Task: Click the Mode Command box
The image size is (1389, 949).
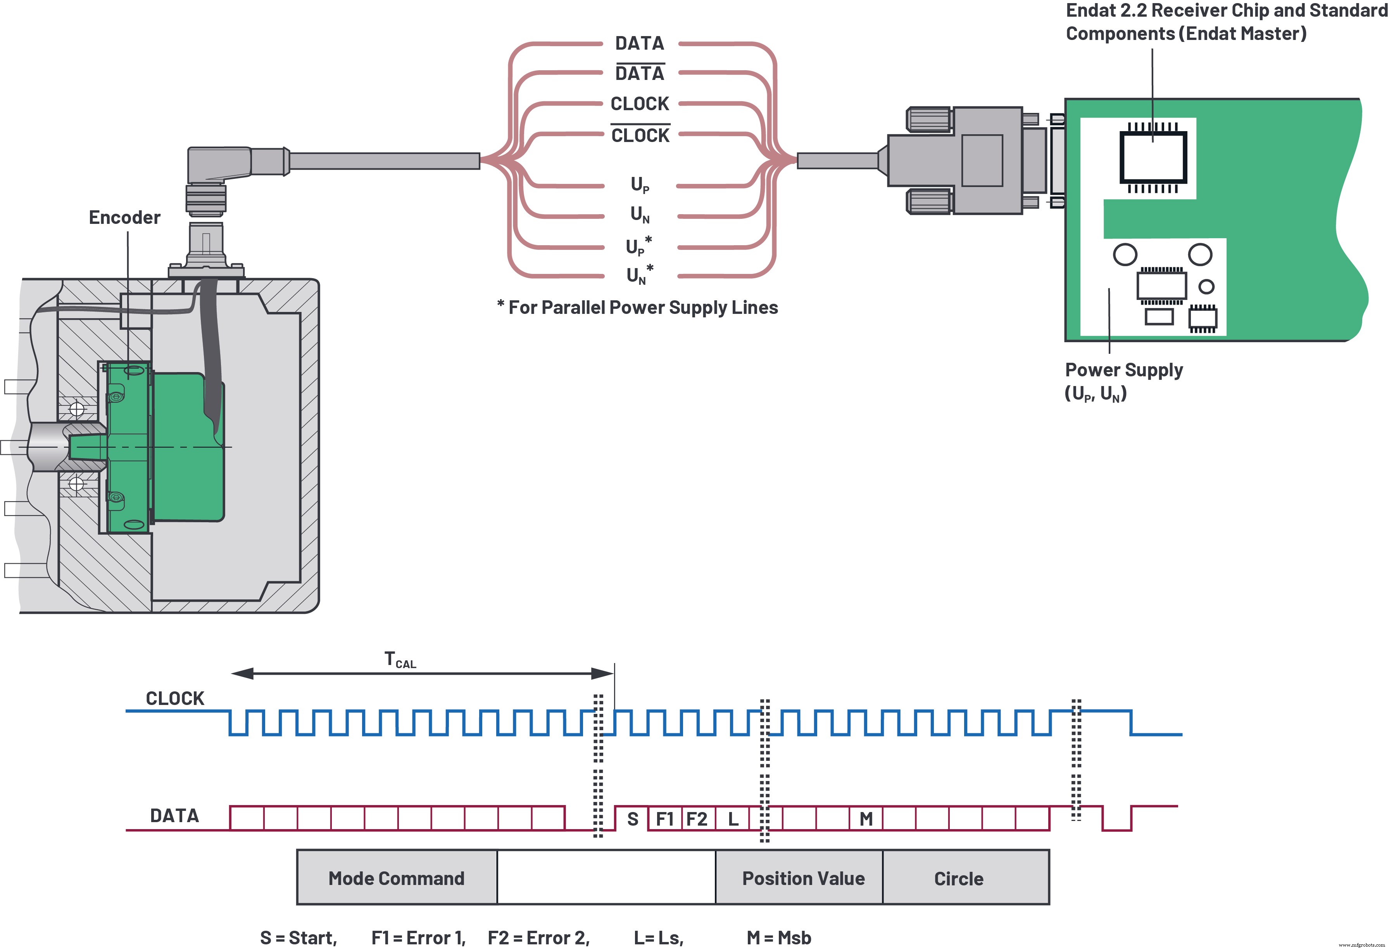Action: click(x=396, y=877)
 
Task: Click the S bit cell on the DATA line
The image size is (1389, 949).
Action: click(x=632, y=819)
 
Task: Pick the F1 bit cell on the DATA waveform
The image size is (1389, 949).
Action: click(x=664, y=819)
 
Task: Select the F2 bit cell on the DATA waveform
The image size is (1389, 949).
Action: click(x=697, y=819)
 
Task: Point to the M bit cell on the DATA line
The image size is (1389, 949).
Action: click(x=865, y=819)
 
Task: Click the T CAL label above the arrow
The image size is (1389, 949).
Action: click(x=400, y=660)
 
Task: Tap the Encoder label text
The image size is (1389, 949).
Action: click(x=124, y=217)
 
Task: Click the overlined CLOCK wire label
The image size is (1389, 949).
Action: click(x=640, y=135)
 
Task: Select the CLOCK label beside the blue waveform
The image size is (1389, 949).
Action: click(x=174, y=698)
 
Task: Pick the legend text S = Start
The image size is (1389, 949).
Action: click(x=298, y=937)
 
